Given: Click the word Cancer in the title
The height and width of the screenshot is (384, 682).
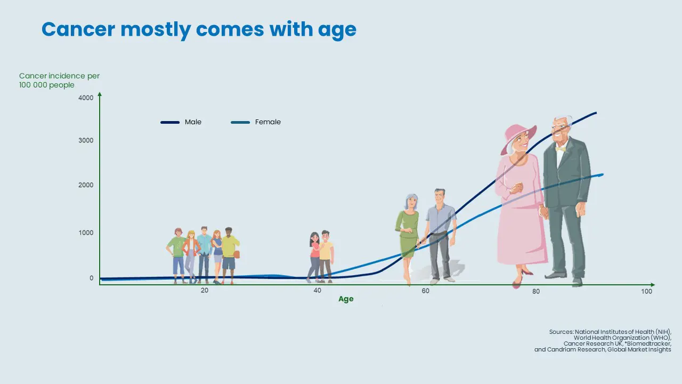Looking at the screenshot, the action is [x=78, y=29].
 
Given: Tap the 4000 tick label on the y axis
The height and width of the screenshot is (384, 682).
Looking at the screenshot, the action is [x=86, y=98].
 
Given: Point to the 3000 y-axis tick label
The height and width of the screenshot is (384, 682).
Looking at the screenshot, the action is [x=86, y=140].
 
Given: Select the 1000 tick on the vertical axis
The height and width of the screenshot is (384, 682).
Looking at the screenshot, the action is [x=86, y=233].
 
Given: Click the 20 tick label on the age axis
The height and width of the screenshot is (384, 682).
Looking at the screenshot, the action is [x=205, y=291].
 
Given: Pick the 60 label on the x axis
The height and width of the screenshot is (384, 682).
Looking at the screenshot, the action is [x=425, y=291].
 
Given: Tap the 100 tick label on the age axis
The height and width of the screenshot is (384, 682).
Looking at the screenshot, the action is [x=647, y=291].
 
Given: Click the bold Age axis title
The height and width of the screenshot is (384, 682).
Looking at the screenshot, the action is [x=346, y=299].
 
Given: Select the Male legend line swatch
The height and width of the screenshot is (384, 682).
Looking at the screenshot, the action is [x=170, y=122].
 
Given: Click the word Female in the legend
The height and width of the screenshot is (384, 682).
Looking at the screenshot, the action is [x=268, y=122].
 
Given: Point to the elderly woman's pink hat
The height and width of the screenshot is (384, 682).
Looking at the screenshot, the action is [x=518, y=138].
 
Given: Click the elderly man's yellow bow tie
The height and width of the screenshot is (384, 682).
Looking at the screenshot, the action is [x=560, y=149].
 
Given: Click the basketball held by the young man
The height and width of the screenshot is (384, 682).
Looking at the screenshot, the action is [x=237, y=254].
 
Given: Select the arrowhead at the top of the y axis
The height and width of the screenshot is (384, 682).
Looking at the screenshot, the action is [x=100, y=94].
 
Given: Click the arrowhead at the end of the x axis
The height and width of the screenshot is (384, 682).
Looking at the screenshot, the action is [x=653, y=285].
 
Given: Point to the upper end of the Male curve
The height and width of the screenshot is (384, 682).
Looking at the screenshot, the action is [x=596, y=113].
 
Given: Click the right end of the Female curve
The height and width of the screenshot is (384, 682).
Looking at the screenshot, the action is [x=603, y=174].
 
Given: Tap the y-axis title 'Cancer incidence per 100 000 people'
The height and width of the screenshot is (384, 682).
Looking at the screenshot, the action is [x=59, y=80].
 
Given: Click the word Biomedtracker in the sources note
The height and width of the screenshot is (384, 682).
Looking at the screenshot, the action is [x=648, y=343].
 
